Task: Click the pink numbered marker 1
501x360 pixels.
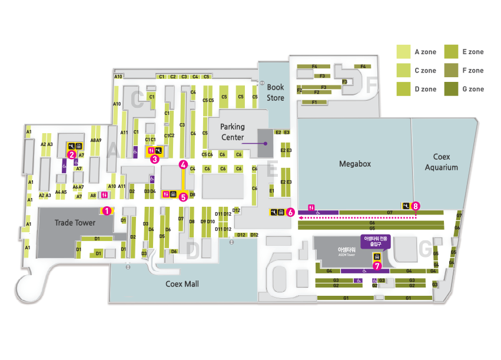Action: pyautogui.click(x=107, y=209)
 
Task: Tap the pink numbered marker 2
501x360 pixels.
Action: pyautogui.click(x=71, y=155)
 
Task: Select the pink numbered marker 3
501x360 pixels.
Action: pyautogui.click(x=154, y=158)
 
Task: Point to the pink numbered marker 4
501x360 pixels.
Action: pyautogui.click(x=184, y=164)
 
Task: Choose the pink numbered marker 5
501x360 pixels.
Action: pyautogui.click(x=183, y=198)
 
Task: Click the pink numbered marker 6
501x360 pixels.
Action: pyautogui.click(x=290, y=212)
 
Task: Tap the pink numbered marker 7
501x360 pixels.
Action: pyautogui.click(x=377, y=266)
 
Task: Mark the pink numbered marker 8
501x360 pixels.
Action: pyautogui.click(x=416, y=206)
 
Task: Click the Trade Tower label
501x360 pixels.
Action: pyautogui.click(x=75, y=223)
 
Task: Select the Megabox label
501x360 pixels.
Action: pyautogui.click(x=355, y=164)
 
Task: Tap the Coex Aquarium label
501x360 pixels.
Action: pyautogui.click(x=441, y=162)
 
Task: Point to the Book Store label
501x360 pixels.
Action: pyautogui.click(x=276, y=93)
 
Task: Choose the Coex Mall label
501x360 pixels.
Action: pyautogui.click(x=183, y=284)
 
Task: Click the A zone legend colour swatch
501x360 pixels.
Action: pyautogui.click(x=403, y=52)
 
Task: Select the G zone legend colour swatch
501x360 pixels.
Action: pyautogui.click(x=452, y=89)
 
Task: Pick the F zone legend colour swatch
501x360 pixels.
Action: pyautogui.click(x=452, y=71)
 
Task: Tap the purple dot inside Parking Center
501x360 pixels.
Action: pyautogui.click(x=266, y=143)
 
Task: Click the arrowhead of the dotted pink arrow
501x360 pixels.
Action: pyautogui.click(x=299, y=217)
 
